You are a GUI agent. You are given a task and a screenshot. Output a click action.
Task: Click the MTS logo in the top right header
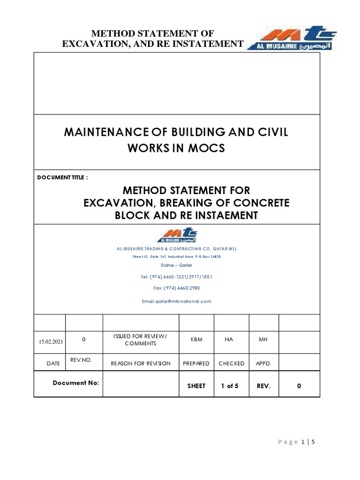(288, 38)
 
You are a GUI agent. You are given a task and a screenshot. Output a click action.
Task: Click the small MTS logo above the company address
(177, 236)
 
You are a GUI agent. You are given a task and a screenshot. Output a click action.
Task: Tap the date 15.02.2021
(51, 342)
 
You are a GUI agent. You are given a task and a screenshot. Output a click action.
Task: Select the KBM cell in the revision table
(196, 339)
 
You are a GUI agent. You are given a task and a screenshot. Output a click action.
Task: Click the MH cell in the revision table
(262, 339)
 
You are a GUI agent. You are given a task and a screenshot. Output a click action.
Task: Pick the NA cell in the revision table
(229, 339)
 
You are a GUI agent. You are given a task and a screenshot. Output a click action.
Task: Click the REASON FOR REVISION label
(141, 363)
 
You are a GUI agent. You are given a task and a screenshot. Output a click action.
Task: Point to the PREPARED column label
(196, 363)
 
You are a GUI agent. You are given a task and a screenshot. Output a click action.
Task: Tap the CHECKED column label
(232, 363)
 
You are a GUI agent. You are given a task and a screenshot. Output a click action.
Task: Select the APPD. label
(263, 363)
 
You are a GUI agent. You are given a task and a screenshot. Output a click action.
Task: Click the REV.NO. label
(83, 360)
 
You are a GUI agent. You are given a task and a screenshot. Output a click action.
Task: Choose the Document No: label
(75, 383)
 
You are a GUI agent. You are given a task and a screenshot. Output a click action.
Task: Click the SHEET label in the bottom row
(196, 386)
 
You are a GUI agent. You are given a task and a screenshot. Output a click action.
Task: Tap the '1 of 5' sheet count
(230, 386)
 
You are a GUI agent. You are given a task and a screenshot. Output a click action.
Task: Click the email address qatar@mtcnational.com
(177, 301)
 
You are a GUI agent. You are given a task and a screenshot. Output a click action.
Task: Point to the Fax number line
(177, 288)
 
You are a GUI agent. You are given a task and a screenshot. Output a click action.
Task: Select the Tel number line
(177, 277)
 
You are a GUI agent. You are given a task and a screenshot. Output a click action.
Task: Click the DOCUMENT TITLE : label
(62, 178)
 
